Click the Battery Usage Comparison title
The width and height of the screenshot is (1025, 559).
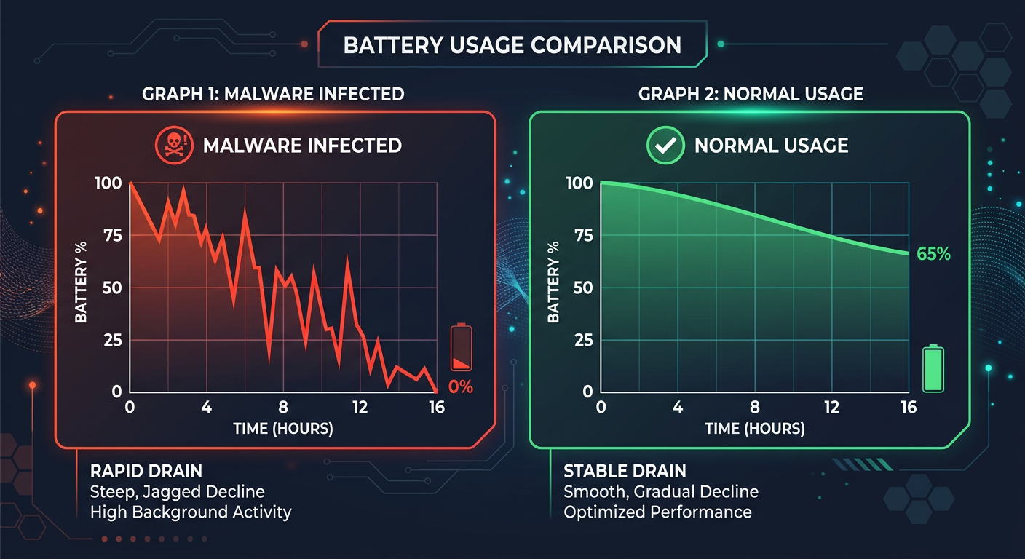pos(512,44)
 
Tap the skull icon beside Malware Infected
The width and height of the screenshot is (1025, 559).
pos(173,145)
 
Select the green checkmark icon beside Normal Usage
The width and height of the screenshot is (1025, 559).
pos(665,145)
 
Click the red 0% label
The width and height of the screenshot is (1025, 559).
pos(461,387)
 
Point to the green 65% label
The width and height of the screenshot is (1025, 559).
pos(933,254)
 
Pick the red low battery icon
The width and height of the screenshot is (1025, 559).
pos(461,348)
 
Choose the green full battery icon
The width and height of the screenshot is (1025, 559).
pos(933,370)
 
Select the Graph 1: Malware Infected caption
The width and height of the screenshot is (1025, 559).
pos(273,94)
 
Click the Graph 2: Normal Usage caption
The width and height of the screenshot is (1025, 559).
pos(751,94)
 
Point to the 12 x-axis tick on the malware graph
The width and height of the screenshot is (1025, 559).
pos(360,408)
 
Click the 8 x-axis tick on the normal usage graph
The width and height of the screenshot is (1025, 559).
pos(755,408)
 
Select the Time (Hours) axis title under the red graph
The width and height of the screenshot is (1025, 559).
pos(283,429)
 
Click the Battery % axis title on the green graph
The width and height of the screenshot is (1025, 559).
pos(554,282)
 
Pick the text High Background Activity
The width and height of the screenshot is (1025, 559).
pos(191,512)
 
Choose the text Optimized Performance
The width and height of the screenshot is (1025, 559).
pos(657,512)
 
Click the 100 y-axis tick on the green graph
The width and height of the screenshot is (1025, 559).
pos(579,183)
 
